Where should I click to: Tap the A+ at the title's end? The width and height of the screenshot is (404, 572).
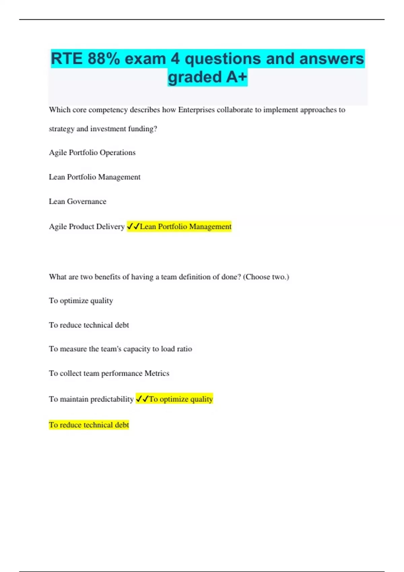pos(236,77)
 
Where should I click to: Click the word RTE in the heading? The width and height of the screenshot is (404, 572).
pos(67,59)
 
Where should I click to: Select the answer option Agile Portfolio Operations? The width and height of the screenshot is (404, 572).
pos(92,153)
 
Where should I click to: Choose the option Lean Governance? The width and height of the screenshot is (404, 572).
pos(77,202)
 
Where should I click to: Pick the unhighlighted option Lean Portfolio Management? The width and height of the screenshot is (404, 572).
pos(95,177)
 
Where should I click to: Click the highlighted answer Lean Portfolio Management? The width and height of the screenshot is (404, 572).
pos(186,227)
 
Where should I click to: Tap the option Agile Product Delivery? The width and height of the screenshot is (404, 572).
pos(87,227)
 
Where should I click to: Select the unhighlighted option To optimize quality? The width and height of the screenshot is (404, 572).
pos(81,301)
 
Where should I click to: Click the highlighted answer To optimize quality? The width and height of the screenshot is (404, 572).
pos(181,399)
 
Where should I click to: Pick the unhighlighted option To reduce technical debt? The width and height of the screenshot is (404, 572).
pos(89,325)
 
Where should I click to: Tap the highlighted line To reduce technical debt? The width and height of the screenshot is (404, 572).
pos(89,425)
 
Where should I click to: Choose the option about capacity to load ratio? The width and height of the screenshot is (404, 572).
pos(121,349)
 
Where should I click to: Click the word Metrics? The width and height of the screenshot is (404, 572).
pos(157,373)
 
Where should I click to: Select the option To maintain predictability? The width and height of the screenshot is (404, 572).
pos(91,399)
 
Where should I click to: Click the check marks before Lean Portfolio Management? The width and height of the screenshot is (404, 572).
pos(133,227)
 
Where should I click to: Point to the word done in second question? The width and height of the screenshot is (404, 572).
pos(229,277)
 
